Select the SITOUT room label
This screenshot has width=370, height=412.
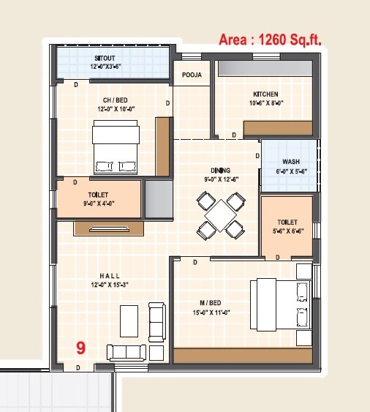(x=104, y=57)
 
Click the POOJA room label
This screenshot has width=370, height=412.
(x=192, y=74)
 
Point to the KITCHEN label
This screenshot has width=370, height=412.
(x=266, y=94)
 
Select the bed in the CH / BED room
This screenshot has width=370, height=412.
(x=116, y=146)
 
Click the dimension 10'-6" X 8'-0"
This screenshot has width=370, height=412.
(x=266, y=104)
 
